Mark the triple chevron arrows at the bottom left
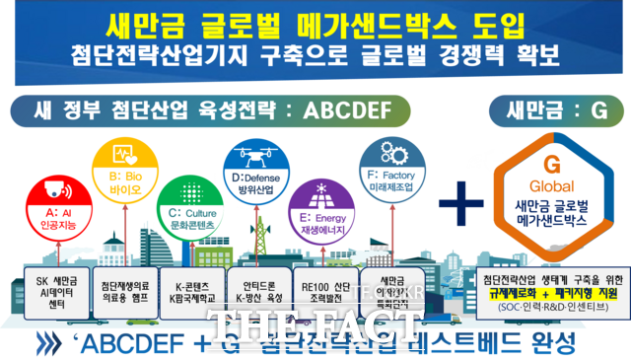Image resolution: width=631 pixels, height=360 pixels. tap(59, 343)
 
